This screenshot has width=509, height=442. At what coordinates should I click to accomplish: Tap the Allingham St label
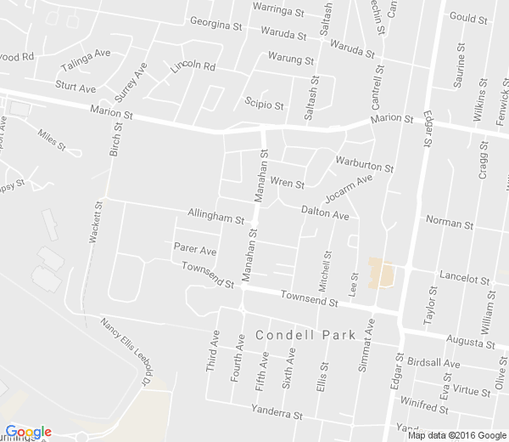tap(215, 218)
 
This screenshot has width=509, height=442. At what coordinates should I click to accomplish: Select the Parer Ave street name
tap(195, 252)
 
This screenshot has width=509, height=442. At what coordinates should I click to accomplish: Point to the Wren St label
tap(287, 184)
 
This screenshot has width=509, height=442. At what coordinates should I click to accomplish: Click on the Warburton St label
tap(365, 163)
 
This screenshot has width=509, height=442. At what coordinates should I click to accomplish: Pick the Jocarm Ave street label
tap(348, 188)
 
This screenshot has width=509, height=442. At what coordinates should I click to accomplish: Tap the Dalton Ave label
tap(326, 216)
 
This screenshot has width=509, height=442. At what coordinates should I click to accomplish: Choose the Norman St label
tap(449, 224)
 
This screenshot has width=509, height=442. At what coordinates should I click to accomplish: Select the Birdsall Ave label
tap(433, 363)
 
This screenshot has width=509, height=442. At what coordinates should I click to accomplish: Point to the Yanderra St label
tap(277, 415)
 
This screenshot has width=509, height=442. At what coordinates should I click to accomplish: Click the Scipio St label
tap(264, 105)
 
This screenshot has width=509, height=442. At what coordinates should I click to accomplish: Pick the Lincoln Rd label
tap(193, 66)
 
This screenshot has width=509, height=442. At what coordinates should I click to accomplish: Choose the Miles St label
tap(52, 139)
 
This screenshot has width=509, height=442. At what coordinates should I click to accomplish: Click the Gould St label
tap(468, 17)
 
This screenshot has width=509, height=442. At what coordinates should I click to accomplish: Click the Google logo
tap(28, 432)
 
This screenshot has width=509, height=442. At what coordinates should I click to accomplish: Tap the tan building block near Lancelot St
tap(381, 274)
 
